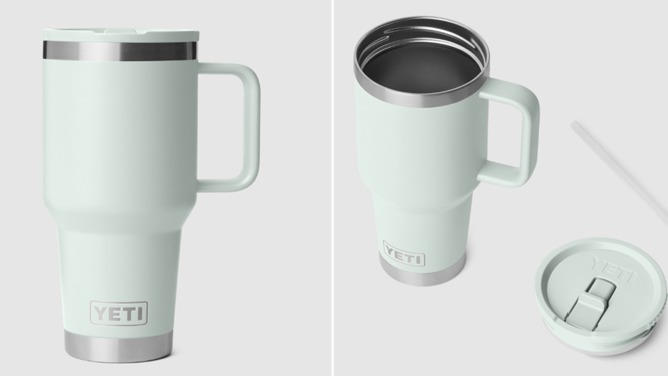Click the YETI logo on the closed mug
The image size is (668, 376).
pos(119,313)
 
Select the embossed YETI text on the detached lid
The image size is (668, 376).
pos(613,268)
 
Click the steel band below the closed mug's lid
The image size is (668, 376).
pos(120,51)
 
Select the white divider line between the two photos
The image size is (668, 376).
pos(332,188)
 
